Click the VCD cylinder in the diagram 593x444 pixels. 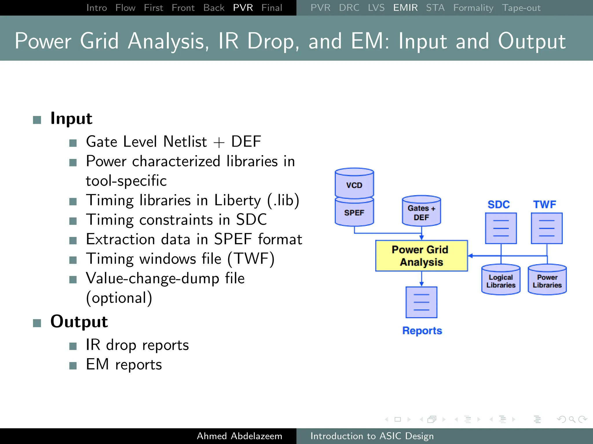[354, 184]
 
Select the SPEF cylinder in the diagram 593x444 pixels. [354, 212]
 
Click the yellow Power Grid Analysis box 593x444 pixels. [421, 256]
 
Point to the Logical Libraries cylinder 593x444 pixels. [501, 280]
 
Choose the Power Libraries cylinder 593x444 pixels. [547, 280]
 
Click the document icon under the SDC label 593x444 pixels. [501, 228]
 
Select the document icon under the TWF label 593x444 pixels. [547, 228]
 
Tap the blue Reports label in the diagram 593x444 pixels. [422, 330]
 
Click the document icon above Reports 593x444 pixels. [421, 302]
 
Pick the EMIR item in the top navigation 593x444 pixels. [405, 8]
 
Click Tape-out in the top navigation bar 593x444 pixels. [521, 8]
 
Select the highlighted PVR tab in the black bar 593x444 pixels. [243, 8]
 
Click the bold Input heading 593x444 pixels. [71, 119]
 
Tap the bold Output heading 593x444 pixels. [79, 321]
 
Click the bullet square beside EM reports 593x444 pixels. [73, 366]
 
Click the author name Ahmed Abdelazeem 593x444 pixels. [239, 436]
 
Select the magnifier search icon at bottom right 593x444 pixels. [572, 419]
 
